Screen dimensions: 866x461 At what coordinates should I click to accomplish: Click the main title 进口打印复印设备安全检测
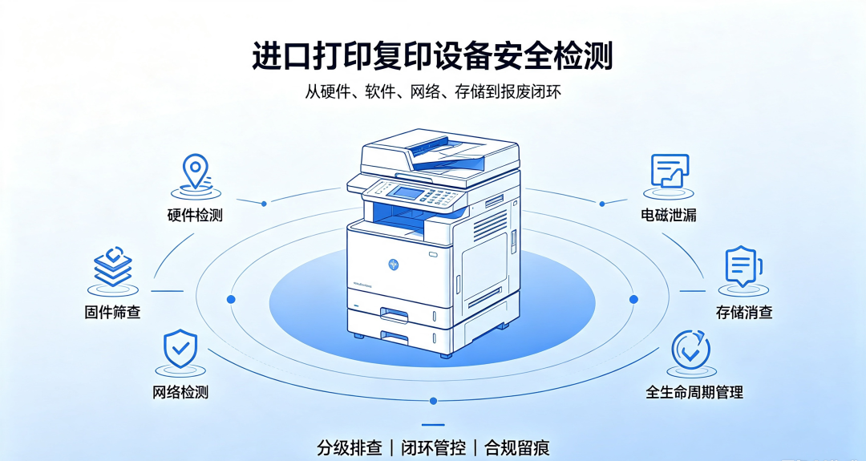pyautogui.click(x=432, y=56)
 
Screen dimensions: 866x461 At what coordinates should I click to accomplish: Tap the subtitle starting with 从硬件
pyautogui.click(x=433, y=91)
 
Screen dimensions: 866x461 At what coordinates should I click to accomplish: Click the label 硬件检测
pyautogui.click(x=195, y=215)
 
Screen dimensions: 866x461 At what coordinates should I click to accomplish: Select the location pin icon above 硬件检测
pyautogui.click(x=196, y=172)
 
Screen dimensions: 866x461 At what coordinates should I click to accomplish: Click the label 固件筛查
pyautogui.click(x=113, y=312)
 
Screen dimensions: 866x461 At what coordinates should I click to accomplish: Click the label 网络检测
pyautogui.click(x=180, y=393)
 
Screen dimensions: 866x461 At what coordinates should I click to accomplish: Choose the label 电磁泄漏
pyautogui.click(x=669, y=215)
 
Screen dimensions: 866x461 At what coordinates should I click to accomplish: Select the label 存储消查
pyautogui.click(x=744, y=312)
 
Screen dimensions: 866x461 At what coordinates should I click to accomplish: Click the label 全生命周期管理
pyautogui.click(x=694, y=393)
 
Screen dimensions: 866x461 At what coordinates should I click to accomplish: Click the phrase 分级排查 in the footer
pyautogui.click(x=350, y=447)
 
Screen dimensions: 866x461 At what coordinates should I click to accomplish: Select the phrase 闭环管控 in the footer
pyautogui.click(x=434, y=447)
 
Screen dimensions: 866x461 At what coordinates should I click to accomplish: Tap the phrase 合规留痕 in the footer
pyautogui.click(x=517, y=447)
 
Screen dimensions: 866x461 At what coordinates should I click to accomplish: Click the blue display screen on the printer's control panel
pyautogui.click(x=403, y=192)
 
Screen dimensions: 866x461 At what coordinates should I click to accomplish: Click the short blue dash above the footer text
pyautogui.click(x=433, y=425)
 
